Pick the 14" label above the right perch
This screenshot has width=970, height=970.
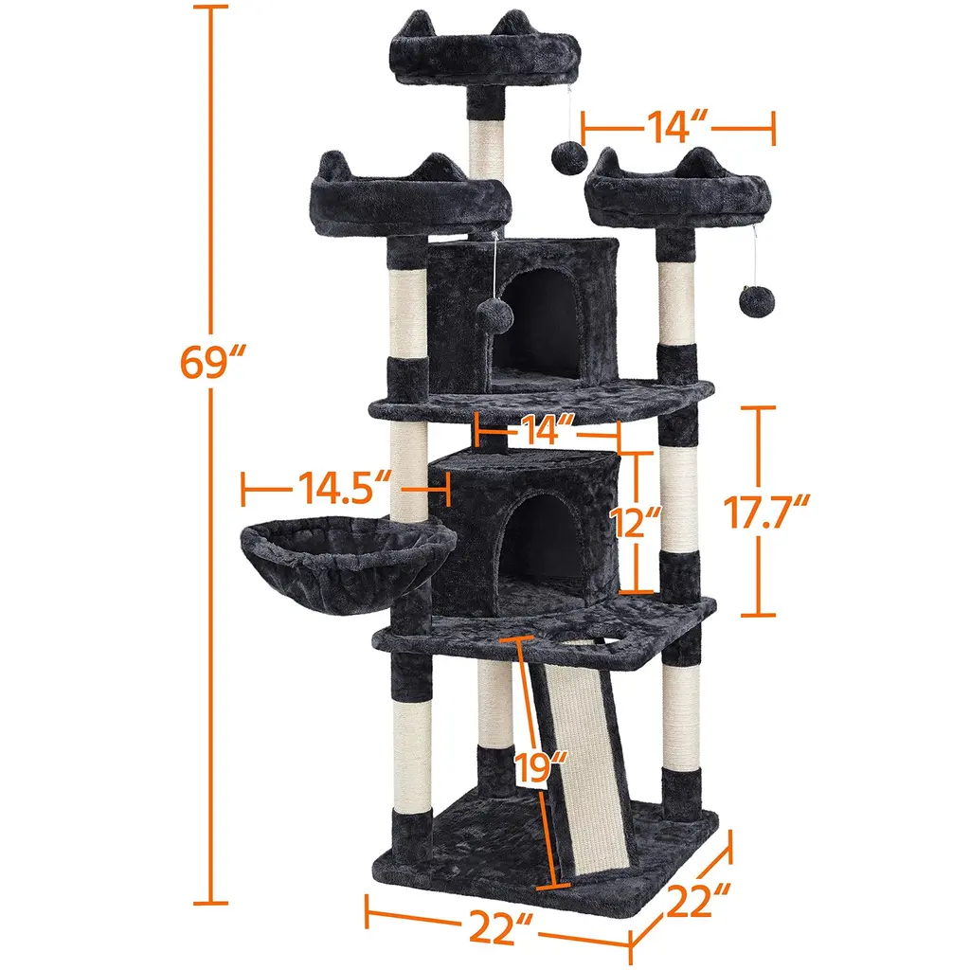[676, 128]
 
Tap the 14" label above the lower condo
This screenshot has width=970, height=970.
[548, 429]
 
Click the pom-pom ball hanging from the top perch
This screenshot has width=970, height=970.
[569, 158]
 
